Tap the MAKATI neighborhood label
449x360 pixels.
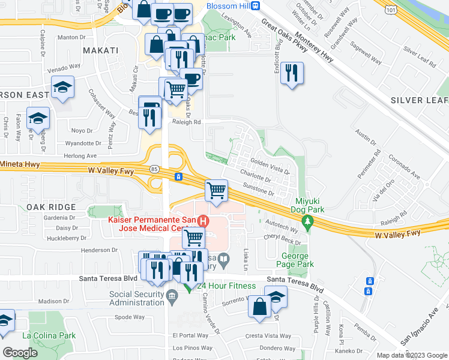(100, 50)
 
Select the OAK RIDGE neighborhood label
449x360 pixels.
(50, 207)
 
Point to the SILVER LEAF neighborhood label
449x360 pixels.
(419, 100)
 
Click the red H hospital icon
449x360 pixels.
(203, 221)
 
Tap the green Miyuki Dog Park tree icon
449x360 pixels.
(308, 223)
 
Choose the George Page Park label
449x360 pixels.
(298, 260)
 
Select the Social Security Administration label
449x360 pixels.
(136, 299)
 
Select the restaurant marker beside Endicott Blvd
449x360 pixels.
(292, 74)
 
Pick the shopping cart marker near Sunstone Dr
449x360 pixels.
(216, 191)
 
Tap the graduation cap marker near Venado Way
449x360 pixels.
(62, 88)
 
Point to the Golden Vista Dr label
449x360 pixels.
(270, 167)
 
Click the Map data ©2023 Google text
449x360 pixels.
(411, 355)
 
